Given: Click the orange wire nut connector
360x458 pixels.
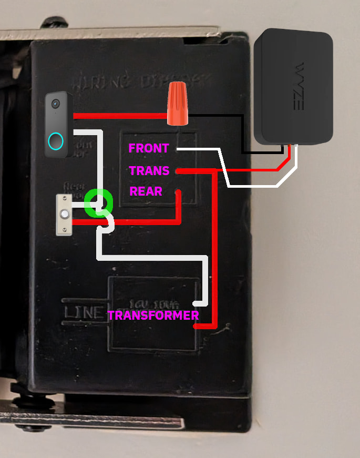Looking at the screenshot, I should click(178, 105).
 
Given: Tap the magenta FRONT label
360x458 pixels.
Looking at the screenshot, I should click(149, 148).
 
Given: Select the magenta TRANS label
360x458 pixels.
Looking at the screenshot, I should click(149, 171).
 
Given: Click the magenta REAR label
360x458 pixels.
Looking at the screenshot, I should click(146, 191).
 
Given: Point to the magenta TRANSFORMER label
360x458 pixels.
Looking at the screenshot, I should click(153, 315).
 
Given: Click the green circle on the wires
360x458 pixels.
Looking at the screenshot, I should click(98, 202).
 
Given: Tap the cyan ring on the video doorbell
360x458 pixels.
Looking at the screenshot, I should click(56, 141).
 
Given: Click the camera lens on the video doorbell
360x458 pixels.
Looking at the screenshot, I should click(55, 104).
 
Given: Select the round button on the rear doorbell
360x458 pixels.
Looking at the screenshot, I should click(65, 215).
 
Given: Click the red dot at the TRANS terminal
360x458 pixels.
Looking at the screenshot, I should click(179, 171).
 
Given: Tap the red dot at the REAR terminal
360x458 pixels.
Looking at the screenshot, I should click(179, 192).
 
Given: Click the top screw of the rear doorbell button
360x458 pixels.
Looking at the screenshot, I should click(65, 198).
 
